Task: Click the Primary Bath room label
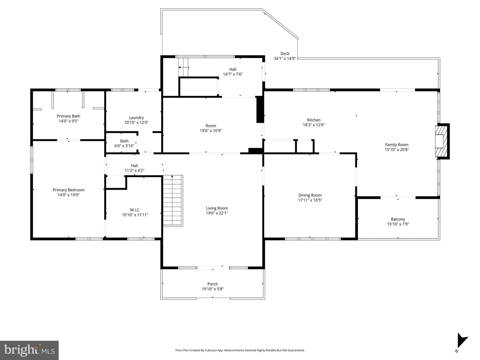point(68,116)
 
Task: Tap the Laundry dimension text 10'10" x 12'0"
point(136,123)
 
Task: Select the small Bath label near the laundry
point(124,141)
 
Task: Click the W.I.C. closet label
point(135,210)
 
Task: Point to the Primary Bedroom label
point(68,190)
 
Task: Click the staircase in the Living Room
point(173,200)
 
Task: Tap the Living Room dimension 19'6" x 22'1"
point(217,213)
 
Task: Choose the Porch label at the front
point(213,284)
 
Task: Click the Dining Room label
point(310,195)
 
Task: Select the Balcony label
point(398,219)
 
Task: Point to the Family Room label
point(397,145)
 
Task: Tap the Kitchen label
point(314,120)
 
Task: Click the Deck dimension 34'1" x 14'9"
point(285,59)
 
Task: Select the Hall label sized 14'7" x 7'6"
point(233,69)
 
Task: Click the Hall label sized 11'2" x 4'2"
point(134,166)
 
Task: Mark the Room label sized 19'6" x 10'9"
point(211,126)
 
